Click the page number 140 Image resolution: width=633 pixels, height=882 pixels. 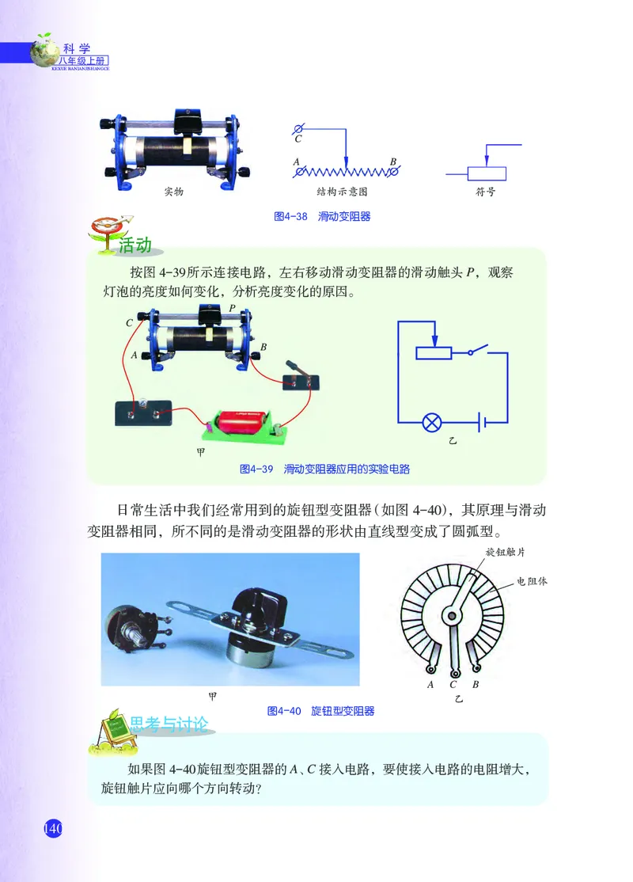pyautogui.click(x=52, y=829)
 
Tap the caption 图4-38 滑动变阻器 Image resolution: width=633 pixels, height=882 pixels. pyautogui.click(x=321, y=216)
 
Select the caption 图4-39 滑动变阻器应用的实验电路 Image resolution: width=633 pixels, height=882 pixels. pyautogui.click(x=324, y=470)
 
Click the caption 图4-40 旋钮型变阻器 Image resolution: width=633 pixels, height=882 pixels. pyautogui.click(x=320, y=711)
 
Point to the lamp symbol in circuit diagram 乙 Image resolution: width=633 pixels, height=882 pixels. pyautogui.click(x=433, y=422)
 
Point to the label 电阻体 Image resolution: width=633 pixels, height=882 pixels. pyautogui.click(x=533, y=580)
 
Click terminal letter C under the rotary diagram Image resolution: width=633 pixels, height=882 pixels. pyautogui.click(x=453, y=684)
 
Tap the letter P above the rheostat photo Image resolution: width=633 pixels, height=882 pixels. pyautogui.click(x=231, y=306)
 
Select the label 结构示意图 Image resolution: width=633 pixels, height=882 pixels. pyautogui.click(x=342, y=192)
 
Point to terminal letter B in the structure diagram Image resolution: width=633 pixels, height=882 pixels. pyautogui.click(x=392, y=162)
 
